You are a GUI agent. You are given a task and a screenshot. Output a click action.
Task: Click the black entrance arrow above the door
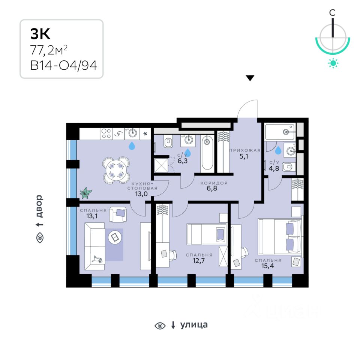pyautogui.click(x=250, y=78)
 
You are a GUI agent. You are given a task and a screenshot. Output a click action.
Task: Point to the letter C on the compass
pyautogui.click(x=332, y=13)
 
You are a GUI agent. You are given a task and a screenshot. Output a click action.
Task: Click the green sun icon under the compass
pyautogui.click(x=333, y=63)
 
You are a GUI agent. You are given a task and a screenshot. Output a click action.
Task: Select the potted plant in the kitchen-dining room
pyautogui.click(x=85, y=193)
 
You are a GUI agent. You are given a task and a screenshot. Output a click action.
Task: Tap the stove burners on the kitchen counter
pyautogui.click(x=106, y=133)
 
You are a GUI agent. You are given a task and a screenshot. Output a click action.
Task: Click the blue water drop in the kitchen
pyautogui.click(x=132, y=145)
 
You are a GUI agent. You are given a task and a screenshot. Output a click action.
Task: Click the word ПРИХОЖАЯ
pyautogui.click(x=245, y=150)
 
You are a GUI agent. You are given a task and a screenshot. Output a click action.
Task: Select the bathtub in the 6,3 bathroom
pyautogui.click(x=207, y=153)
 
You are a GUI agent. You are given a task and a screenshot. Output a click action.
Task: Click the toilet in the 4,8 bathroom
pyautogui.click(x=288, y=168)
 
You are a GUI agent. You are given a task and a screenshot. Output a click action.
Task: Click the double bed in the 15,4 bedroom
pyautogui.click(x=280, y=237)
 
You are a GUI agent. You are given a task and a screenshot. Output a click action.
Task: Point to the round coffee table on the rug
pyautogui.click(x=115, y=237)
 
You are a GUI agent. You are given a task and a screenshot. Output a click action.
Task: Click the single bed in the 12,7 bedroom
pyautogui.click(x=207, y=234)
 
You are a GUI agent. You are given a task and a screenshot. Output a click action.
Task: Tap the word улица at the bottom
pyautogui.click(x=193, y=325)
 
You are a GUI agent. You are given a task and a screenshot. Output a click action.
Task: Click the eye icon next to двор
pyautogui.click(x=39, y=238)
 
